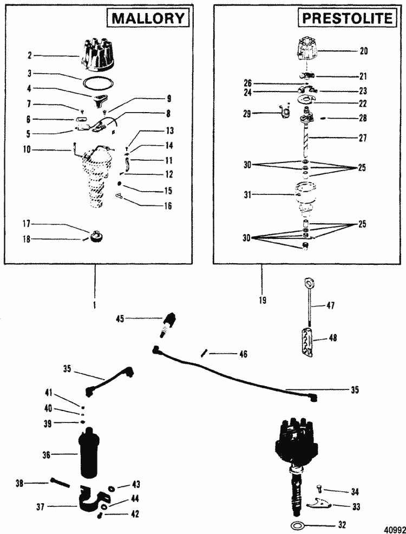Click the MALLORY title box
pos(148,18)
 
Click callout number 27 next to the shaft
pos(363,138)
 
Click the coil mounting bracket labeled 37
pos(93,503)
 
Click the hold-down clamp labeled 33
pos(318,504)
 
